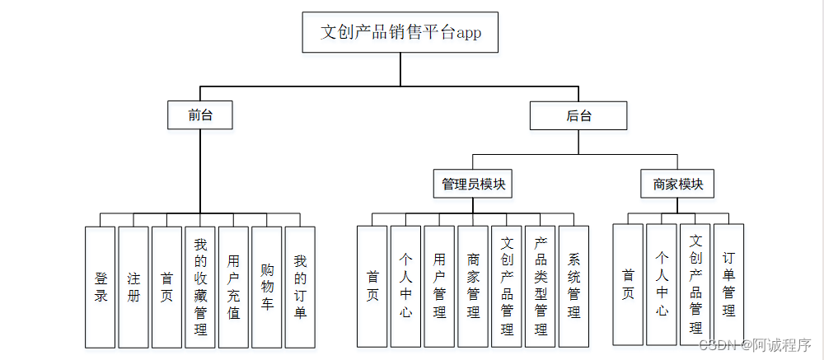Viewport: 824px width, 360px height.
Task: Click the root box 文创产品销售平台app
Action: (400, 32)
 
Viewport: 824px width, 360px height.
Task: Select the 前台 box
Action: (200, 115)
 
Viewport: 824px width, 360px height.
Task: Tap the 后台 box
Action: (578, 115)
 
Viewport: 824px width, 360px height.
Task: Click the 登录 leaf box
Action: (101, 286)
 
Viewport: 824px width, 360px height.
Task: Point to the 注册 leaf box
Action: (133, 286)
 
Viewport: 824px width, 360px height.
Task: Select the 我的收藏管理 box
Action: (200, 286)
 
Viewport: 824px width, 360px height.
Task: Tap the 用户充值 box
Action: (233, 286)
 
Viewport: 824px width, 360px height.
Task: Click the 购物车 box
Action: (267, 286)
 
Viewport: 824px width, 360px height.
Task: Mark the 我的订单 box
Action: (300, 286)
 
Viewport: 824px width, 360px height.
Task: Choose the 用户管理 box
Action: (439, 286)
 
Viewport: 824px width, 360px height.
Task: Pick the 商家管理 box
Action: (473, 286)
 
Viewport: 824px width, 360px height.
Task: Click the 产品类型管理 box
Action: (541, 286)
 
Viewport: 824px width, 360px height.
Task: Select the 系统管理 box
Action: (574, 286)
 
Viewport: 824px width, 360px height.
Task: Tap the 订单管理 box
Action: (728, 283)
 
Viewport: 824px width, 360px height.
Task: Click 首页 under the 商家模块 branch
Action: (628, 283)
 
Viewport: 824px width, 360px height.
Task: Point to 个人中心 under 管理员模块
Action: (405, 286)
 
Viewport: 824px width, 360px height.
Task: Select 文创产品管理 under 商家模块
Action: (695, 283)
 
